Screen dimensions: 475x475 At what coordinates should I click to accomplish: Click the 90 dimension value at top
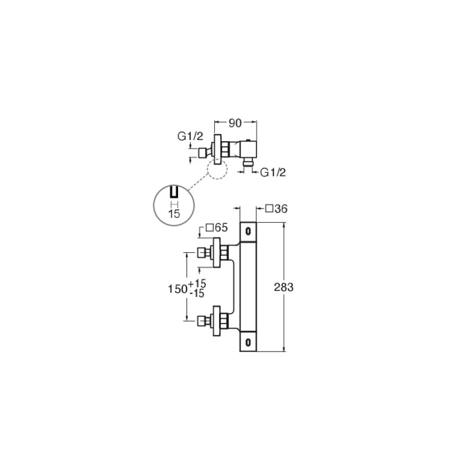click(235, 123)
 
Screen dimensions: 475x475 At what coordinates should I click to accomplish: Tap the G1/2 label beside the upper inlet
click(190, 137)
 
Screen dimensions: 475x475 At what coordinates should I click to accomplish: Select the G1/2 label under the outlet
click(273, 172)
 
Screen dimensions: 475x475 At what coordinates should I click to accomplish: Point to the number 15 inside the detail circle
click(174, 214)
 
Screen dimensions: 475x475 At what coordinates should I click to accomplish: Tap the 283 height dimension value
click(284, 287)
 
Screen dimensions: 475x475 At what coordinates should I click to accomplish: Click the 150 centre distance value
click(178, 289)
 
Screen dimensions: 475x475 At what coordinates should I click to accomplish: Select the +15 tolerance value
click(197, 284)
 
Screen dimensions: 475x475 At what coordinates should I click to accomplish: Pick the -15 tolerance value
click(197, 293)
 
